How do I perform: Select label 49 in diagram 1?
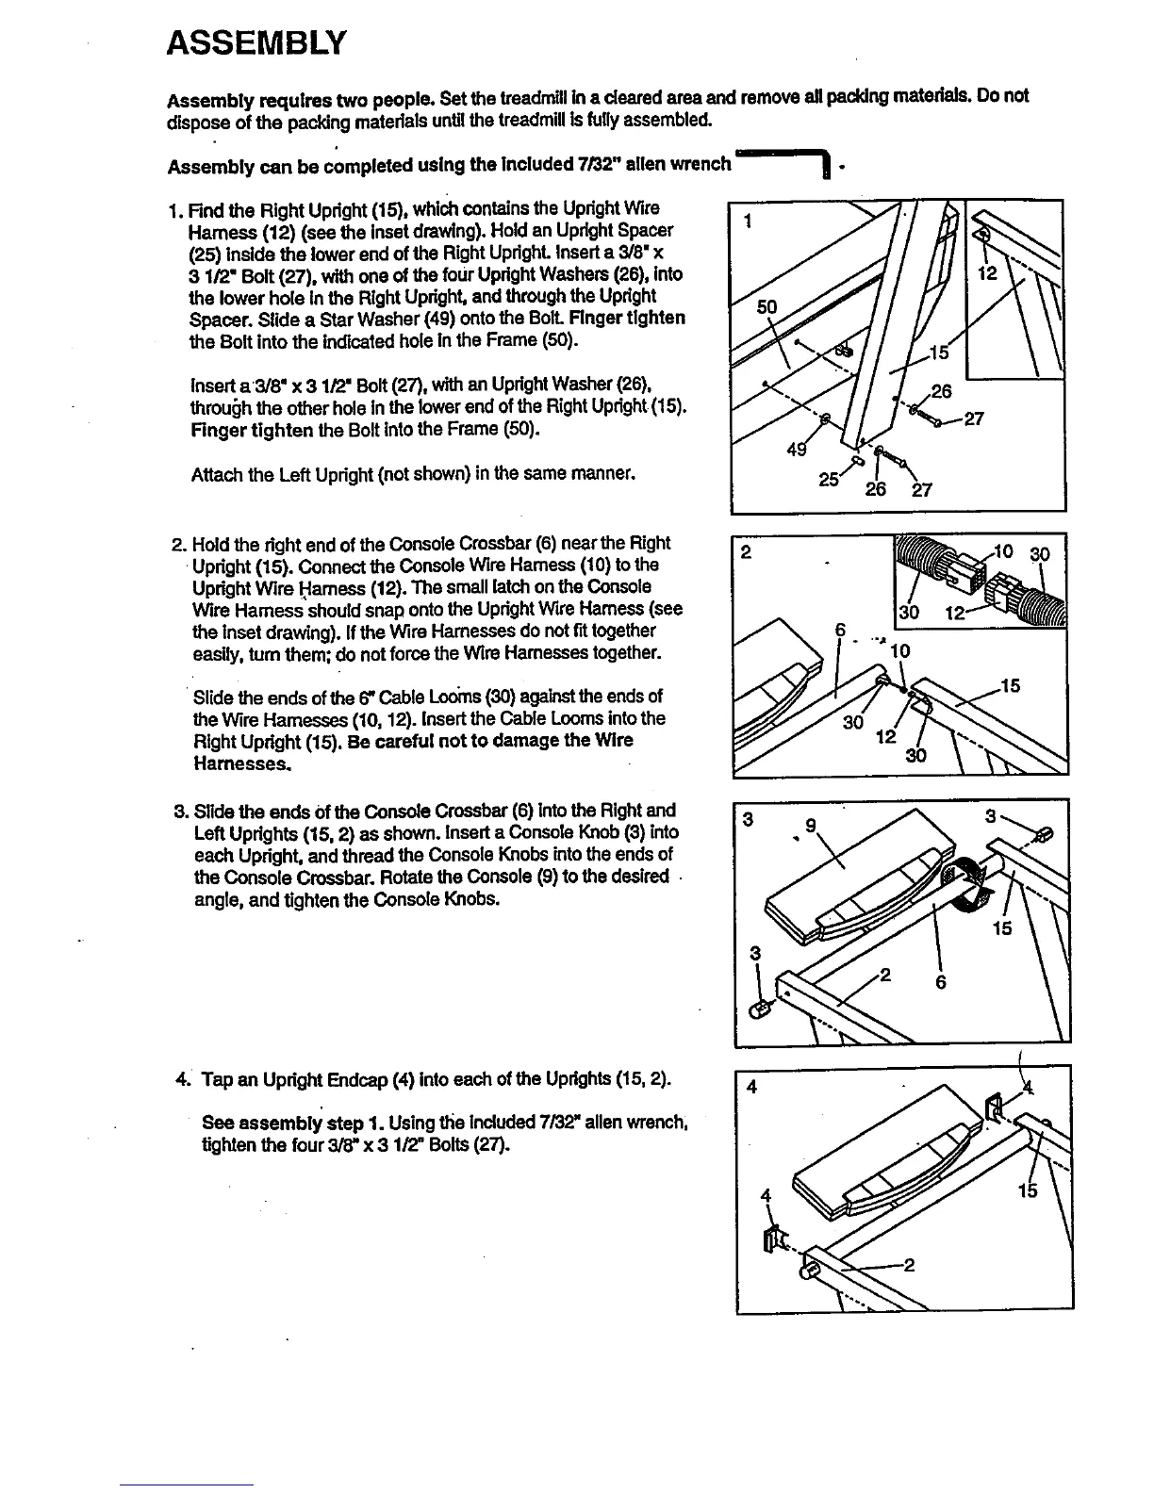click(797, 451)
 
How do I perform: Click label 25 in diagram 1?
click(830, 479)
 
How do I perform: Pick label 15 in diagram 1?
click(939, 353)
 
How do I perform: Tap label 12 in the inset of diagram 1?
click(988, 272)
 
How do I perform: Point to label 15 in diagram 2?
click(1011, 686)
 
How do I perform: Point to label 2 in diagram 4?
click(909, 1264)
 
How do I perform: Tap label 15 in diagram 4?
click(1028, 1190)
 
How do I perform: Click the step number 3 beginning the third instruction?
click(179, 811)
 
